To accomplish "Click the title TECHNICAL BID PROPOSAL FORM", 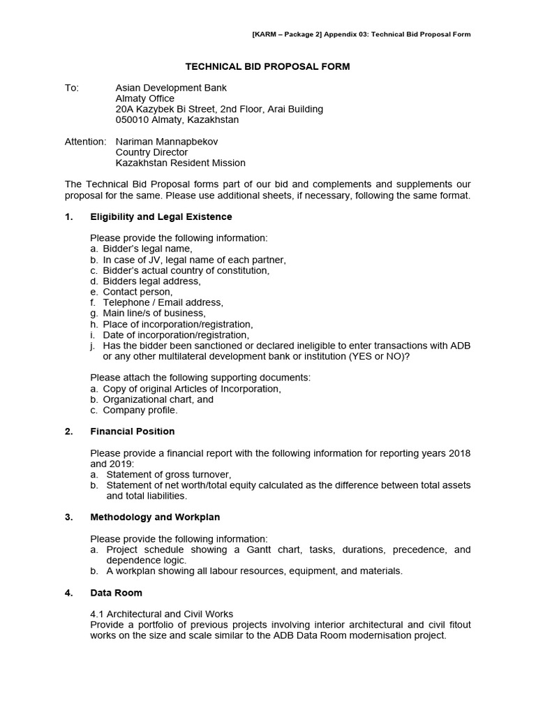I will coord(267,66).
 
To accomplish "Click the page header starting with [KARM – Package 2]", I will coord(360,34).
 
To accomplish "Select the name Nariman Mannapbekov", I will coord(167,141).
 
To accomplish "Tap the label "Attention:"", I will coord(85,141).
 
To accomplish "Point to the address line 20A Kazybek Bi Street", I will coord(219,109).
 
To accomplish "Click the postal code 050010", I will coord(133,120).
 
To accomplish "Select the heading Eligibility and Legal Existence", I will coord(161,216).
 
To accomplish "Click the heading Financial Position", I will coord(132,431).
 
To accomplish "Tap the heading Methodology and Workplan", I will coord(155,517).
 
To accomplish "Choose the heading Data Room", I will coord(116,592).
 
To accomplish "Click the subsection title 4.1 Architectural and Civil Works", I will coord(161,614).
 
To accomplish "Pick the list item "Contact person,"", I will coord(137,292).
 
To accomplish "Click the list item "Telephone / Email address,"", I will coord(163,302).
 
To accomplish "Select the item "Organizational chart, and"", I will coord(158,399).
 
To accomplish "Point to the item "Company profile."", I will coord(140,410).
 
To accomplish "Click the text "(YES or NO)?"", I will coord(377,356).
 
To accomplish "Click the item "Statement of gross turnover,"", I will coord(167,474).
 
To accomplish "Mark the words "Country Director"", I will coord(151,152).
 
